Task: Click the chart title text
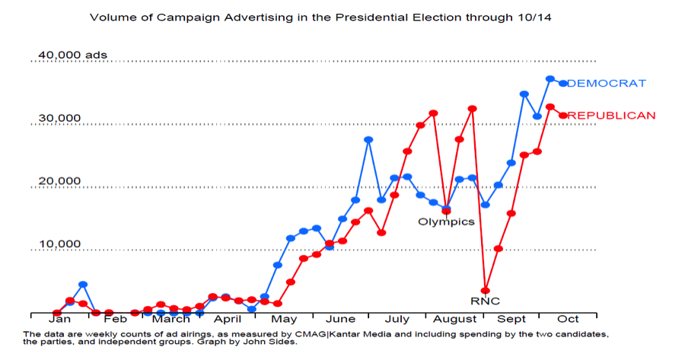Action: coord(320,17)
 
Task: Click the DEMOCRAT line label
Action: coord(607,83)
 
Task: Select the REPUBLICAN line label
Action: coord(612,116)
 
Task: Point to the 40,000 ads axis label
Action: coord(73,55)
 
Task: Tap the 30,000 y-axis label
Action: coord(59,118)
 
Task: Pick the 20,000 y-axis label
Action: coord(59,181)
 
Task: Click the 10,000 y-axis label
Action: coord(59,244)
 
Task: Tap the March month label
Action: coord(170,319)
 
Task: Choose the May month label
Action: coord(284,319)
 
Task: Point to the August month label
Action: coord(454,319)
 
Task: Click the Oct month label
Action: coord(568,319)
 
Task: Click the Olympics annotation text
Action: coord(446,222)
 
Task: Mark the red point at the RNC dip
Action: coord(485,290)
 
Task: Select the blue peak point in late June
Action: coord(368,139)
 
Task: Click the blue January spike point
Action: coord(83,285)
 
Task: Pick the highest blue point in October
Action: coord(550,79)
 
